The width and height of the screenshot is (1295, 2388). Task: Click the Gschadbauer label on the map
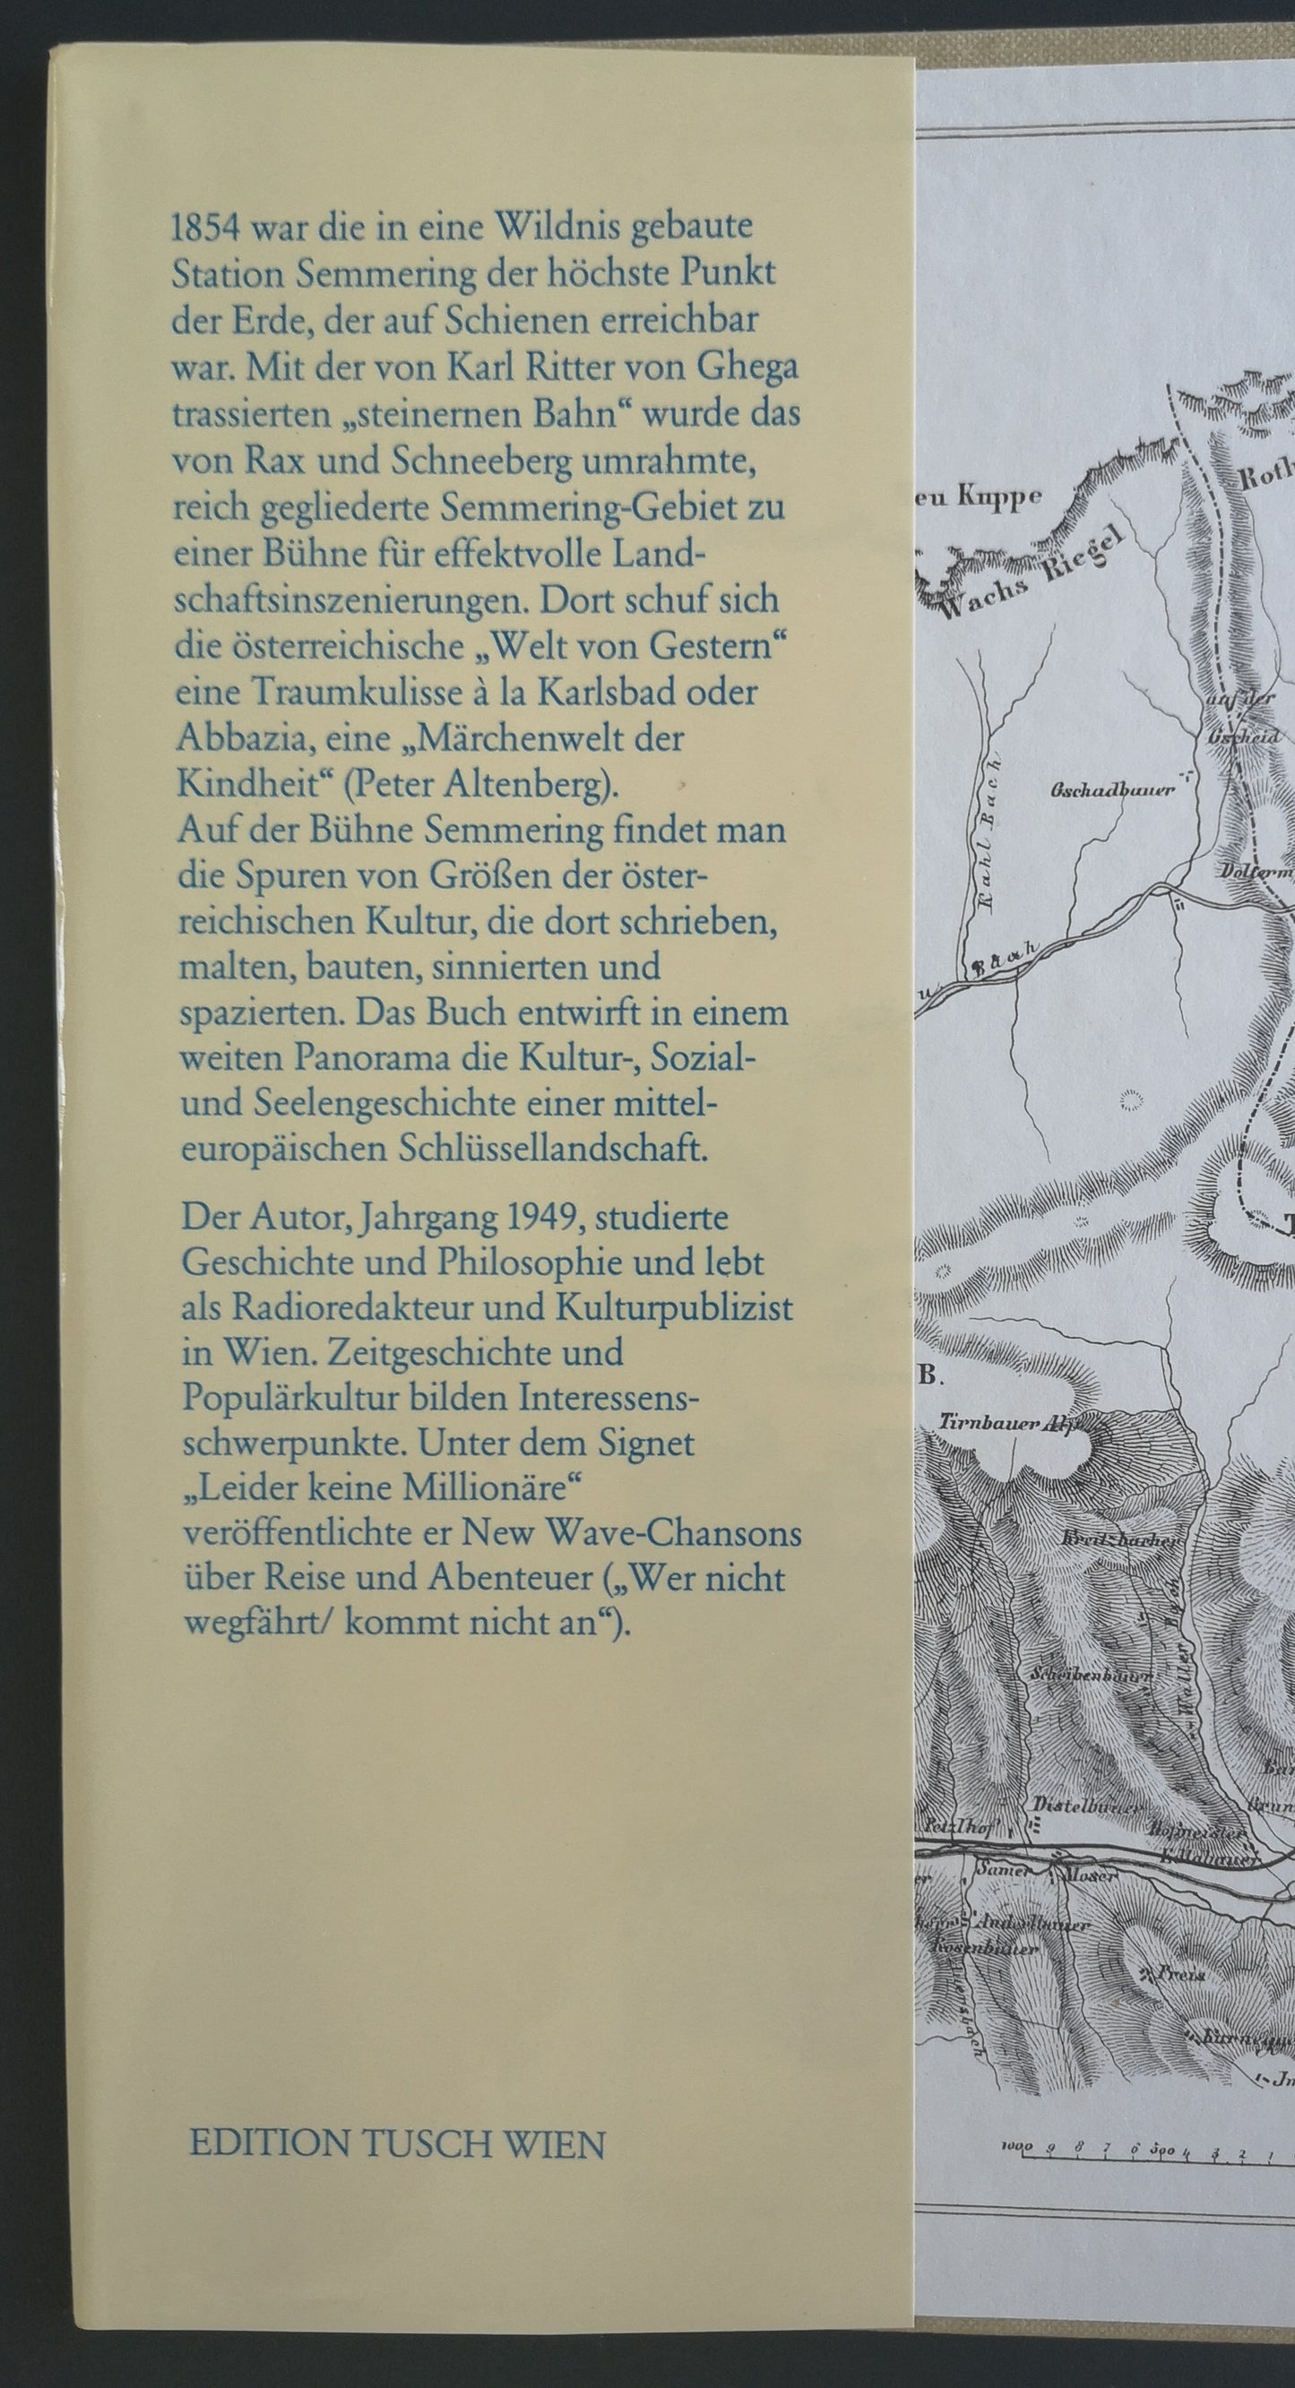click(x=1111, y=789)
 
